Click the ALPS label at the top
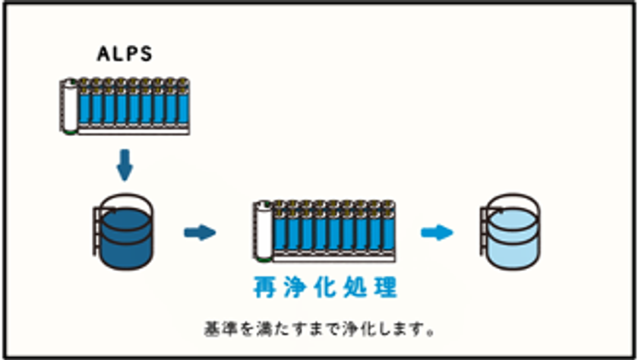(x=125, y=54)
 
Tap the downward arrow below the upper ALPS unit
(x=125, y=165)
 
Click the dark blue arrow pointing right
(x=200, y=232)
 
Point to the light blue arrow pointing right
(x=437, y=232)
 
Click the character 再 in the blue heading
(x=264, y=287)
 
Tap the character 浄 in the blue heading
(x=295, y=287)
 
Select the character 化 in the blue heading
(x=325, y=287)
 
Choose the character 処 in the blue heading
(x=355, y=287)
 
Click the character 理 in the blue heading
(x=385, y=287)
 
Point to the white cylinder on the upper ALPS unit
(x=70, y=106)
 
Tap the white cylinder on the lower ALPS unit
(x=264, y=230)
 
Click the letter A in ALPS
(x=104, y=54)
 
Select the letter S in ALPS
(x=146, y=54)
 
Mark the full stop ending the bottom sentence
(x=431, y=333)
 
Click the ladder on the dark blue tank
(x=98, y=230)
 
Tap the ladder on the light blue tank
(x=485, y=230)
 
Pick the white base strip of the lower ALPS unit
(x=333, y=258)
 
